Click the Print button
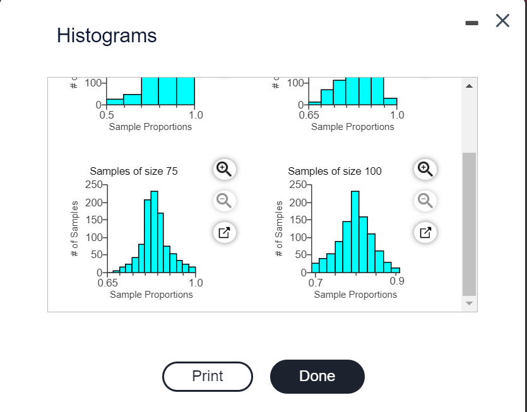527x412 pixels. coord(207,377)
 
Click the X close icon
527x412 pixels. coord(502,21)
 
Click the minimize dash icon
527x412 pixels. coord(471,24)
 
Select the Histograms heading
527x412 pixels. coord(107,35)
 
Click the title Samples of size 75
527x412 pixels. coord(134,171)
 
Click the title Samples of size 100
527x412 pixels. coord(335,171)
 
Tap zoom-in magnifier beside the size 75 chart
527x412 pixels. coord(223,168)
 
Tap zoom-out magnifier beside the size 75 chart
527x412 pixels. coord(223,200)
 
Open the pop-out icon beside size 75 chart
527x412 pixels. coord(223,232)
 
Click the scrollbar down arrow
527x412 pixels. coord(468,303)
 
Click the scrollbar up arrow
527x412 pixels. coord(468,85)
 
